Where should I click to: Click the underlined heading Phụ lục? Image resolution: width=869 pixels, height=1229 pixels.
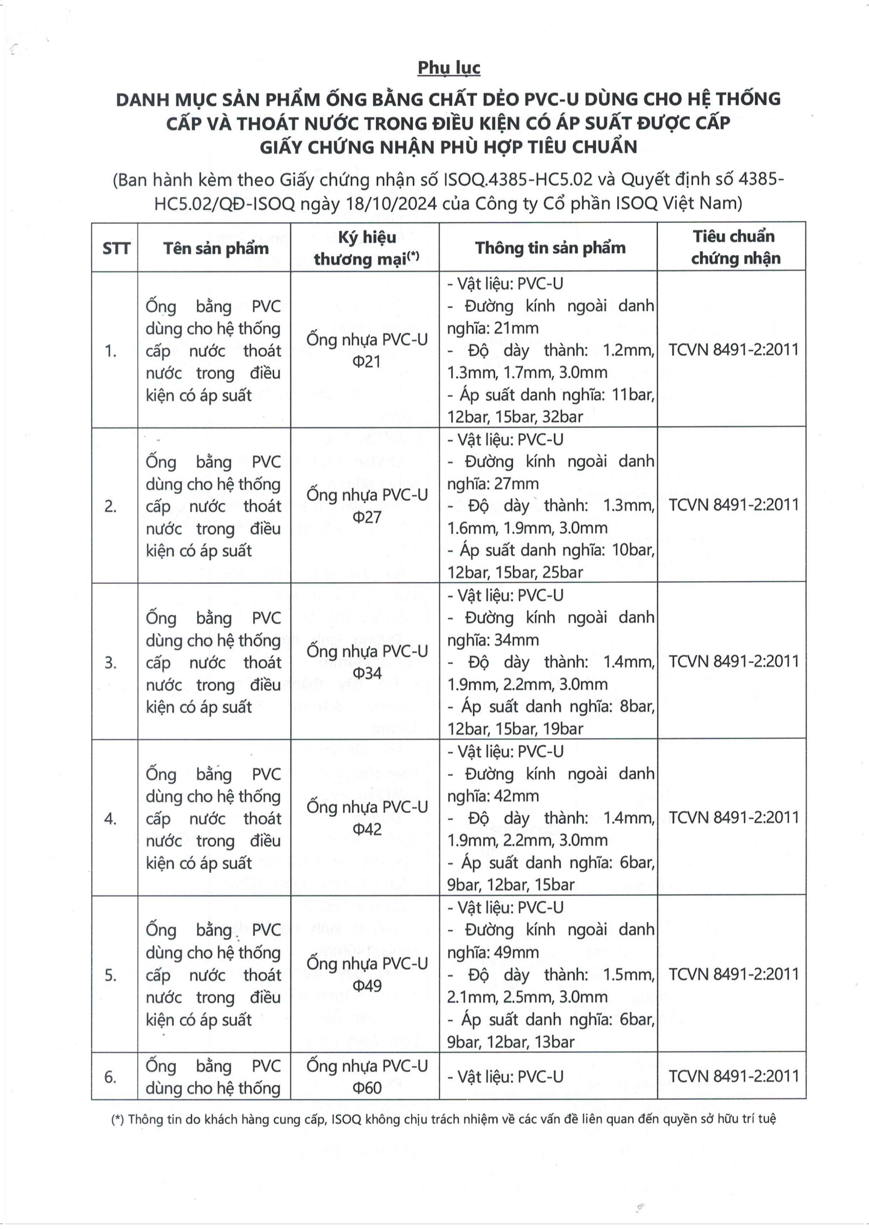pos(449,69)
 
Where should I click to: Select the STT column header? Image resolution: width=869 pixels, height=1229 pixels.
pos(116,248)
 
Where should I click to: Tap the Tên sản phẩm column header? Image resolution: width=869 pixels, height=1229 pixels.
pos(216,248)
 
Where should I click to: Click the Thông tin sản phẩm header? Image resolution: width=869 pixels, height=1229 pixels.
pos(550,248)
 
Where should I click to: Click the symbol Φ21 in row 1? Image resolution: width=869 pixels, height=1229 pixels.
pos(366,362)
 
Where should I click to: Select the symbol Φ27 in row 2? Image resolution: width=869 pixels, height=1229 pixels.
pos(366,518)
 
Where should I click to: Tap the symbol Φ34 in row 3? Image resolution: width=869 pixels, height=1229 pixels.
pos(366,673)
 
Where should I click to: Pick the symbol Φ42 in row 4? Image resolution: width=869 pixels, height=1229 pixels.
pos(366,830)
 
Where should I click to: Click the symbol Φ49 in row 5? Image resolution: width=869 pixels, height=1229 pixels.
pos(366,986)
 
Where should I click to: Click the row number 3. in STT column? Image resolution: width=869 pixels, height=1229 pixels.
pos(111,663)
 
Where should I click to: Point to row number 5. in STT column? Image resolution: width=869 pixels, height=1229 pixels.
pos(111,975)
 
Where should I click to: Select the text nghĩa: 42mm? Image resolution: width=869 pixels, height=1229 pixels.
pos(493,796)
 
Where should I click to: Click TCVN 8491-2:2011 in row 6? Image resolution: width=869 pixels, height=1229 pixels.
pos(734,1076)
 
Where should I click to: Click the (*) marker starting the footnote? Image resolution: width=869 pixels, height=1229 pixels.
pos(117,1119)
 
